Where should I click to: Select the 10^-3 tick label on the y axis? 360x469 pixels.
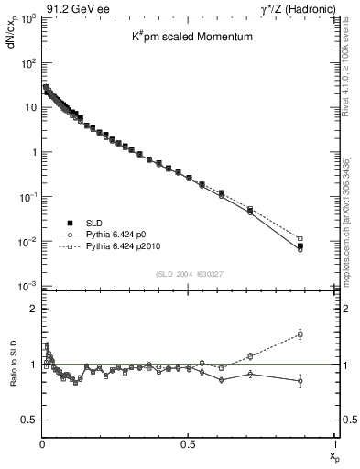tap(27, 286)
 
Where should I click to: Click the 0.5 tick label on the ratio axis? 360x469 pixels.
tap(28, 420)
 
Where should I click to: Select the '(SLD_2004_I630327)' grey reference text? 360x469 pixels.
tap(189, 274)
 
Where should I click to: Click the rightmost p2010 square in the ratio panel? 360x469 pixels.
tap(324, 334)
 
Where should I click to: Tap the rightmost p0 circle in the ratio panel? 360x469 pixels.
tap(324, 381)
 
